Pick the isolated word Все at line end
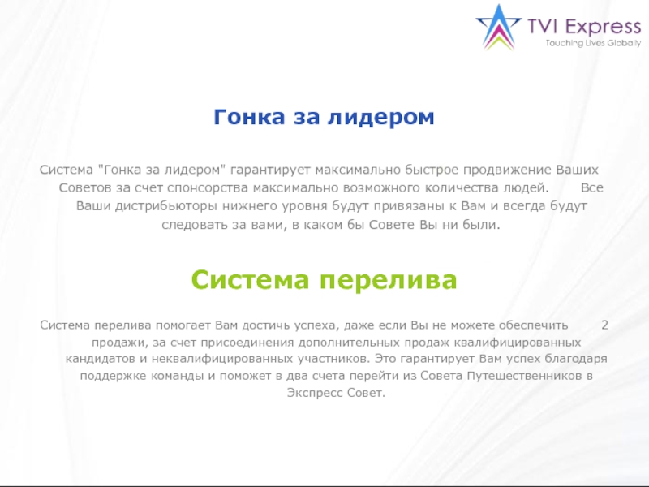point(592,187)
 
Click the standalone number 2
point(604,325)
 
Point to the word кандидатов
point(97,358)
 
